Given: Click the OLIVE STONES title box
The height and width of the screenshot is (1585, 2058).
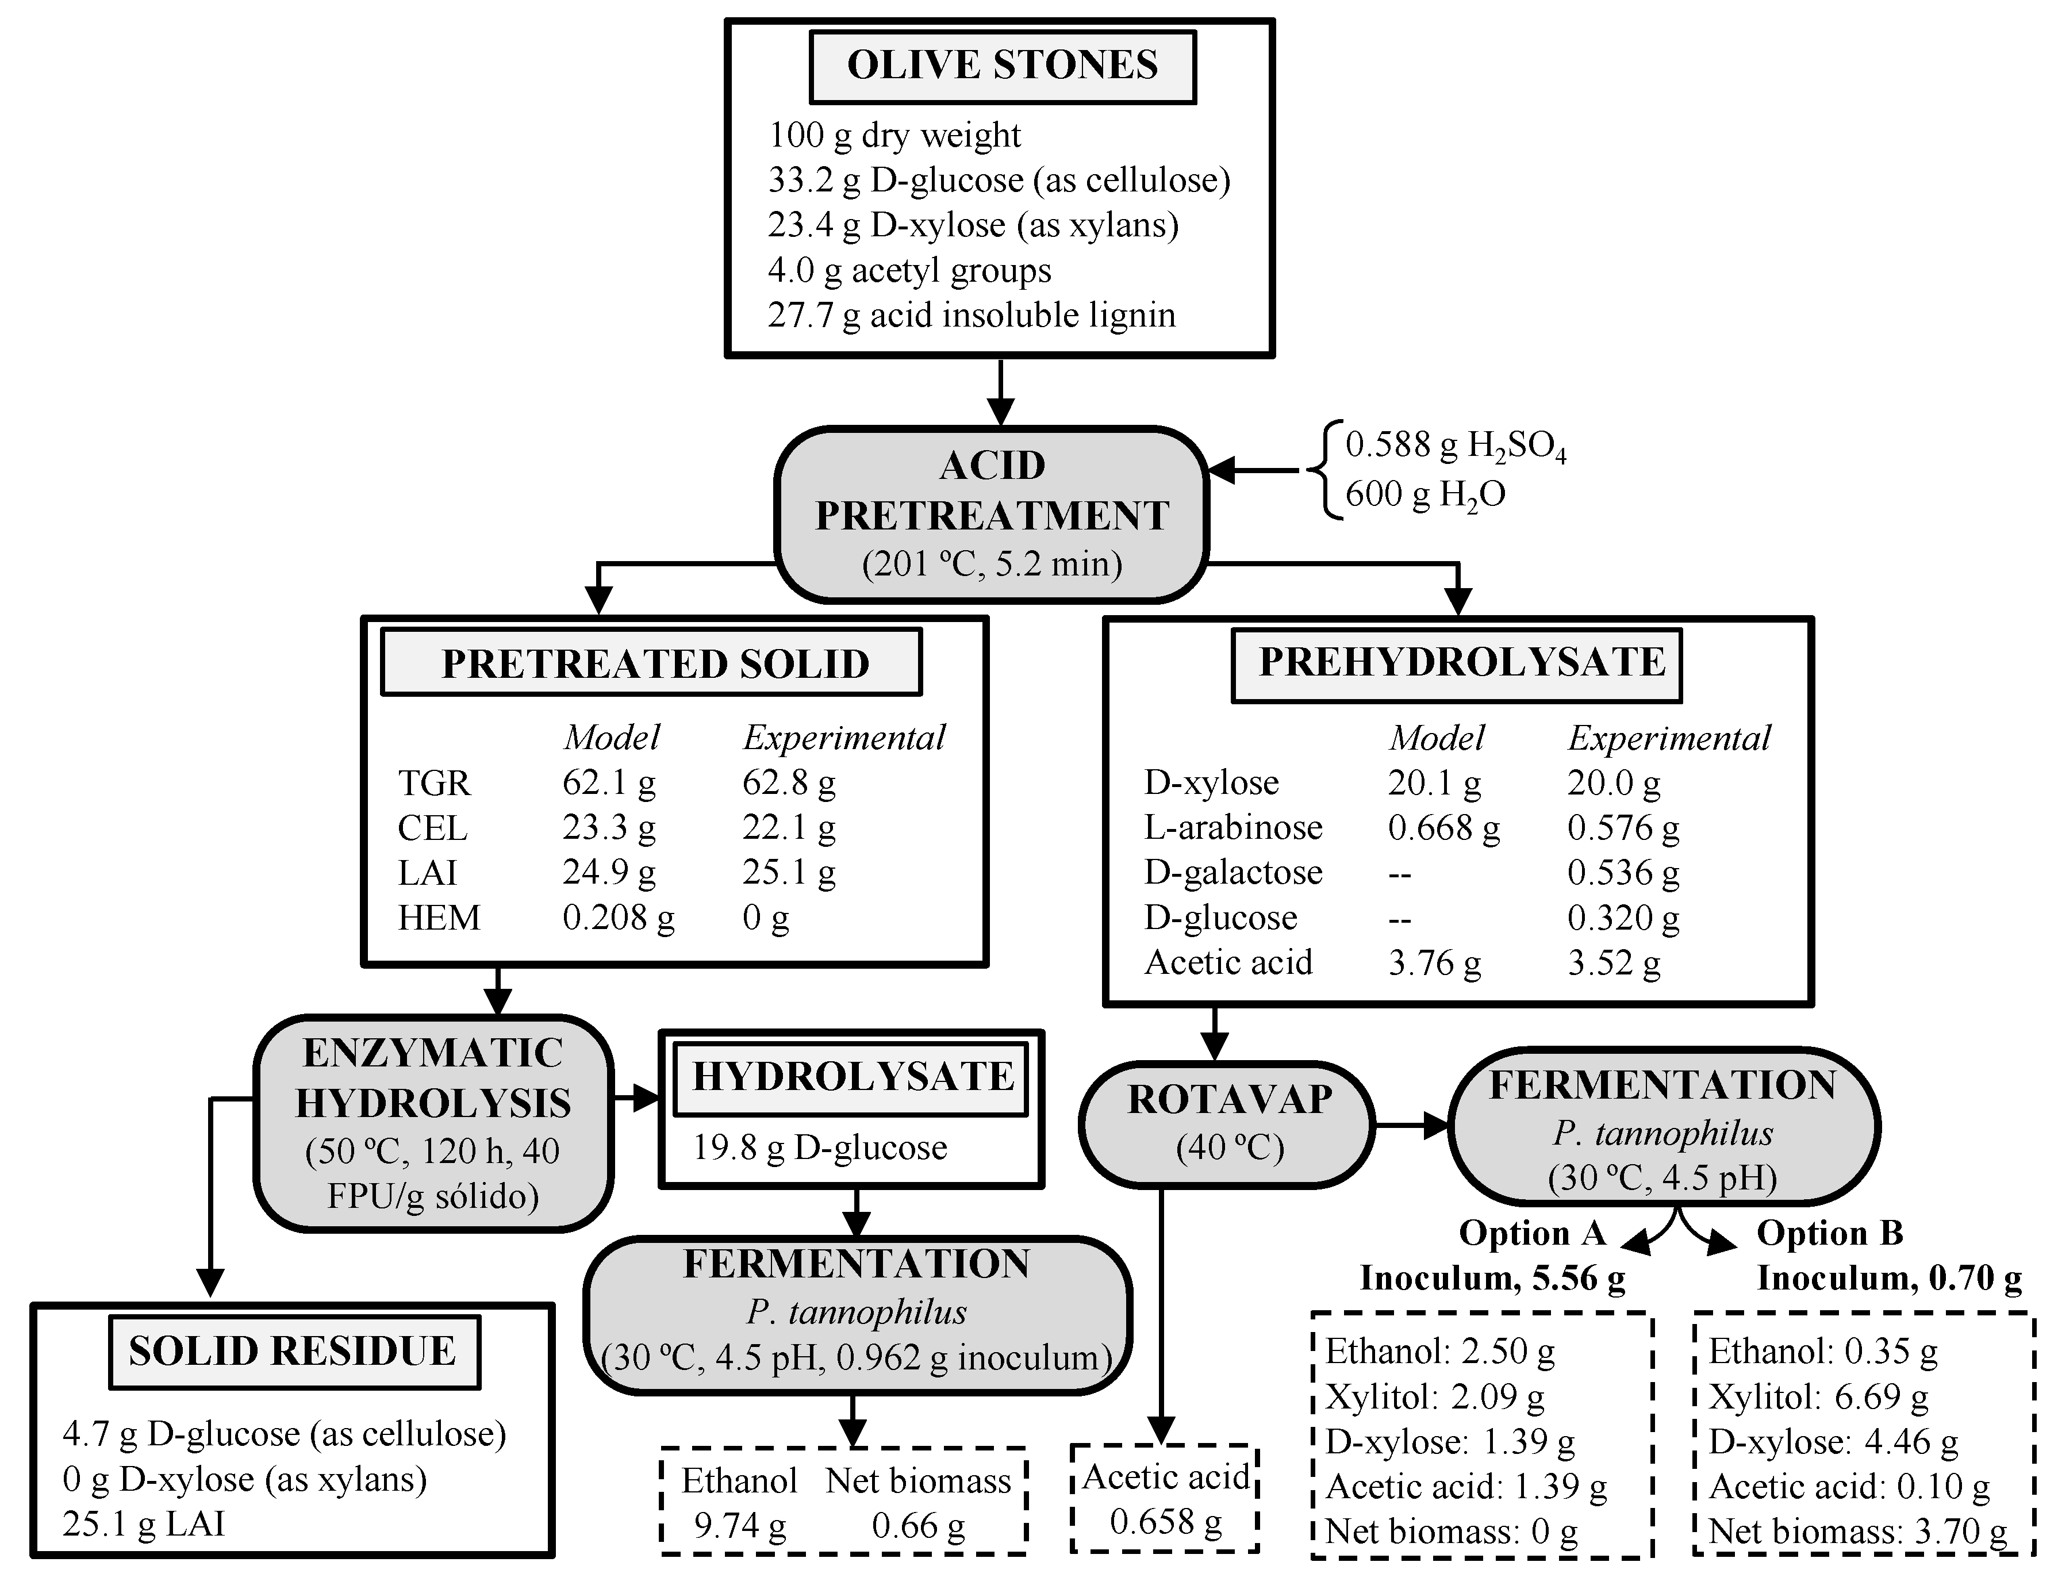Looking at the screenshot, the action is point(1003,66).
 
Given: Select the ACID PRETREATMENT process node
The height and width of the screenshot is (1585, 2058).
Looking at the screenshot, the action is point(991,515).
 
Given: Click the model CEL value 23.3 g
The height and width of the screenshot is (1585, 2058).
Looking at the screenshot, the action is point(609,827).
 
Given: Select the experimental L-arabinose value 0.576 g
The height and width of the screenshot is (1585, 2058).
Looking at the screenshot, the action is point(1623,827).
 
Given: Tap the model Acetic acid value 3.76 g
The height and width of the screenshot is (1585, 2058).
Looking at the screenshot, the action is point(1434,962).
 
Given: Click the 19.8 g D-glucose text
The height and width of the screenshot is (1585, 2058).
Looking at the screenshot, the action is point(820,1148).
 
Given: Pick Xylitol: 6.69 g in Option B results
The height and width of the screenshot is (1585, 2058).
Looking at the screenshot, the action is point(1819,1396).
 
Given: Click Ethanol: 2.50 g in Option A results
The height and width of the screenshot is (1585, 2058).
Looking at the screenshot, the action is point(1440,1351).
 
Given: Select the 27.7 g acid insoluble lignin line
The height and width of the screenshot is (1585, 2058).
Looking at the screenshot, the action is point(972,314).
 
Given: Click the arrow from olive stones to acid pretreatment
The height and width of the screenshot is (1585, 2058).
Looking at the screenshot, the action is point(1000,392).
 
